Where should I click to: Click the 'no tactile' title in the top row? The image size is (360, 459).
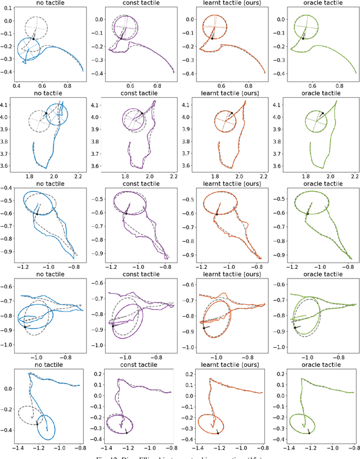pos(49,3)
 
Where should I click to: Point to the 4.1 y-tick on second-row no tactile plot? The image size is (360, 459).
pos(8,105)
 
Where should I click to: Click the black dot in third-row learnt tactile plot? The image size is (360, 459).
pos(217,214)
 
